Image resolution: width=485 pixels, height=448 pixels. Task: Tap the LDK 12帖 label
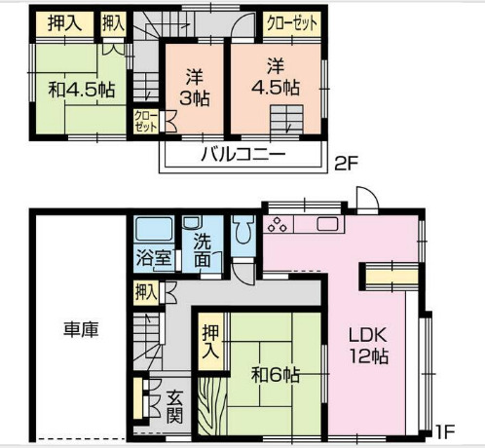369,345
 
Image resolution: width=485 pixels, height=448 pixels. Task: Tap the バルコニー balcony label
243,155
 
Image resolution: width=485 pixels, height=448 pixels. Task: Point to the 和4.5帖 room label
83,90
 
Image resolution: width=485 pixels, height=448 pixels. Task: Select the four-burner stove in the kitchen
279,227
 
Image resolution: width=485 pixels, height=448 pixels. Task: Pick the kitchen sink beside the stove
325,226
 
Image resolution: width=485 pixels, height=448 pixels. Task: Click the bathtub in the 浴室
153,232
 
